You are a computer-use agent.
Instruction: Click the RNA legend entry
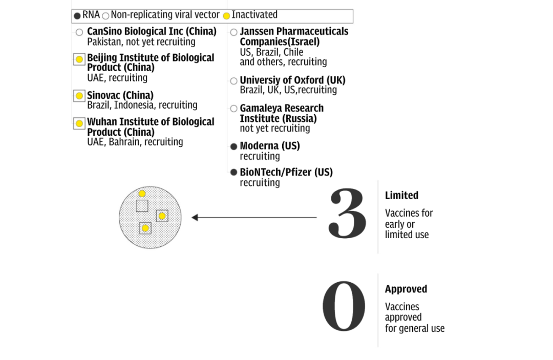coord(87,15)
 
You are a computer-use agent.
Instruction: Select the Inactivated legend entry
coord(250,15)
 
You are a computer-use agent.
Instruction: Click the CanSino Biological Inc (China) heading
coord(152,32)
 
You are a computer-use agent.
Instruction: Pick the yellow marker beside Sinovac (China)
coord(79,96)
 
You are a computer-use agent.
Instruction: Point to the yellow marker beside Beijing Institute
coord(79,59)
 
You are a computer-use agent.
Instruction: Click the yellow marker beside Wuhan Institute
coord(79,123)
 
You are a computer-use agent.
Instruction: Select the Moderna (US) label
coord(270,146)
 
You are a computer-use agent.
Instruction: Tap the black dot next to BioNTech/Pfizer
coord(233,173)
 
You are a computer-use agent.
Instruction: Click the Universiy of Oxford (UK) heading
coord(292,80)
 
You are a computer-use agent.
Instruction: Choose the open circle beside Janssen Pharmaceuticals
coord(233,32)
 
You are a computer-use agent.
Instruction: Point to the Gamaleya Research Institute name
coord(281,113)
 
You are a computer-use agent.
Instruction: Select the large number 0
coord(344,306)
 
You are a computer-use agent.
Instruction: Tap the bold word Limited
coord(401,196)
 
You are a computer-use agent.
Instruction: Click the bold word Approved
coord(406,289)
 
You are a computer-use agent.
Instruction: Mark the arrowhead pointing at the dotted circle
coord(195,218)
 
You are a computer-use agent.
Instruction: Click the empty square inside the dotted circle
coord(142,206)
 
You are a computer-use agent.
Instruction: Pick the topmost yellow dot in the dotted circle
coord(142,194)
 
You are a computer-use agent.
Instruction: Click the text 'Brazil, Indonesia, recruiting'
coord(142,105)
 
